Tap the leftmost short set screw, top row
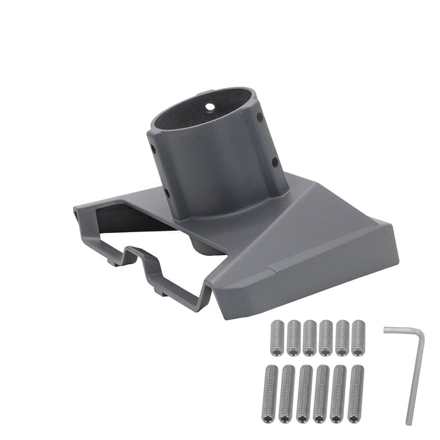click(x=277, y=337)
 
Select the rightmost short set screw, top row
click(x=358, y=337)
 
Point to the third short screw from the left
click(x=310, y=337)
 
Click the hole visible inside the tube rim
click(x=210, y=106)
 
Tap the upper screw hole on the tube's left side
click(x=153, y=148)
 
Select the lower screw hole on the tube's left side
click(x=167, y=193)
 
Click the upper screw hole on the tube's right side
click(x=260, y=117)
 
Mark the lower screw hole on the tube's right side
click(x=274, y=162)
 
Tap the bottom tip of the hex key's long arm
click(x=409, y=422)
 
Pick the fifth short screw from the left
click(x=342, y=337)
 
